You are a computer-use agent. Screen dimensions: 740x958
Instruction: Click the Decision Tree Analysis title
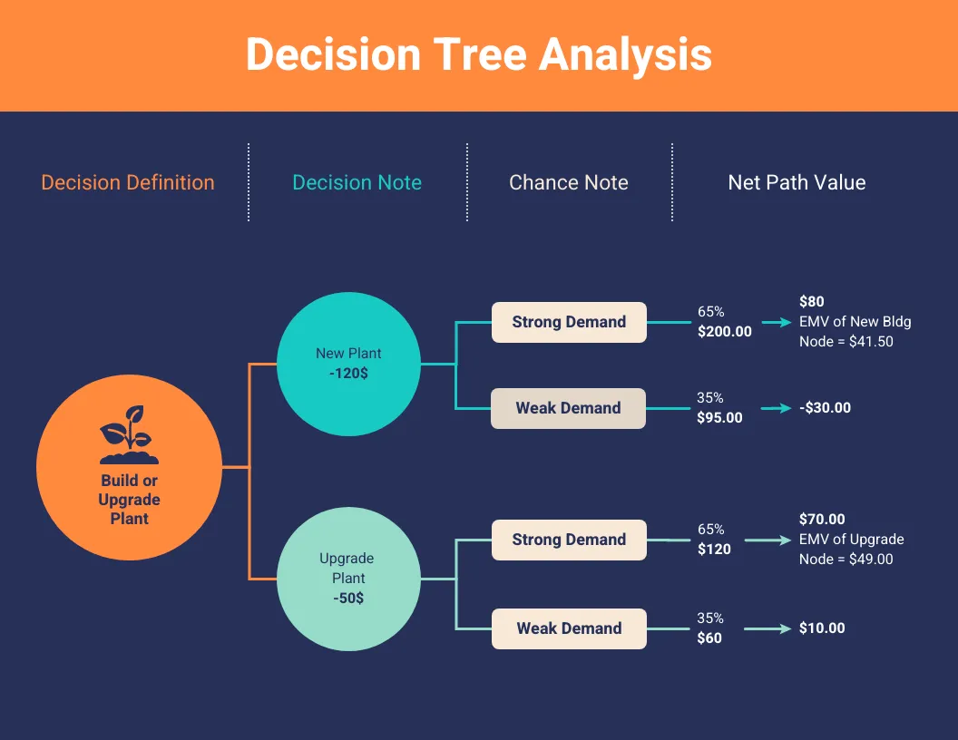(x=478, y=54)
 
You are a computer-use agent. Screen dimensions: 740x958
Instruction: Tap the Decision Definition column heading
(x=128, y=182)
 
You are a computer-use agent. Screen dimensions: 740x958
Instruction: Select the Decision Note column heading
(x=357, y=182)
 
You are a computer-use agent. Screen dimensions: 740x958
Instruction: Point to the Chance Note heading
(x=568, y=182)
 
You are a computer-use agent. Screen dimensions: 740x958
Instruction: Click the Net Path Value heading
(x=797, y=182)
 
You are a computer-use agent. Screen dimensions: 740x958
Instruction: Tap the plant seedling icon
(x=129, y=434)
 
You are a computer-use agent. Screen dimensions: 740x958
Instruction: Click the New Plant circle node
(x=348, y=363)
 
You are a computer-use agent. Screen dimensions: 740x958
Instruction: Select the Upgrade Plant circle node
(x=348, y=579)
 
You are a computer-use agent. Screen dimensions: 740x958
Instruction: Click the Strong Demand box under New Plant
(x=569, y=322)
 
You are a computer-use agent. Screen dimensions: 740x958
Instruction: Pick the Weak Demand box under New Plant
(x=569, y=408)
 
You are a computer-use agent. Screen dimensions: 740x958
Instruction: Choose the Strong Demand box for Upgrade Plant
(x=569, y=540)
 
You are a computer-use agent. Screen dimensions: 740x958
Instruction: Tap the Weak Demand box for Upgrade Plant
(x=569, y=628)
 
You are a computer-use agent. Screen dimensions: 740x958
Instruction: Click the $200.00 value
(x=725, y=332)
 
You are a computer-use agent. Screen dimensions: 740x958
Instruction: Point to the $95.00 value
(x=720, y=418)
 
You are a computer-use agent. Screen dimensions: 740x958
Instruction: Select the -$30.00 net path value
(x=825, y=408)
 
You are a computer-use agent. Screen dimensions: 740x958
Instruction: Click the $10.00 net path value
(x=822, y=628)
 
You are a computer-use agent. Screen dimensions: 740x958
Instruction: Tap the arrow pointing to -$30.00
(x=776, y=408)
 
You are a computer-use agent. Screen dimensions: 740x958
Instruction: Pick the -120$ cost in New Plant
(x=348, y=373)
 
